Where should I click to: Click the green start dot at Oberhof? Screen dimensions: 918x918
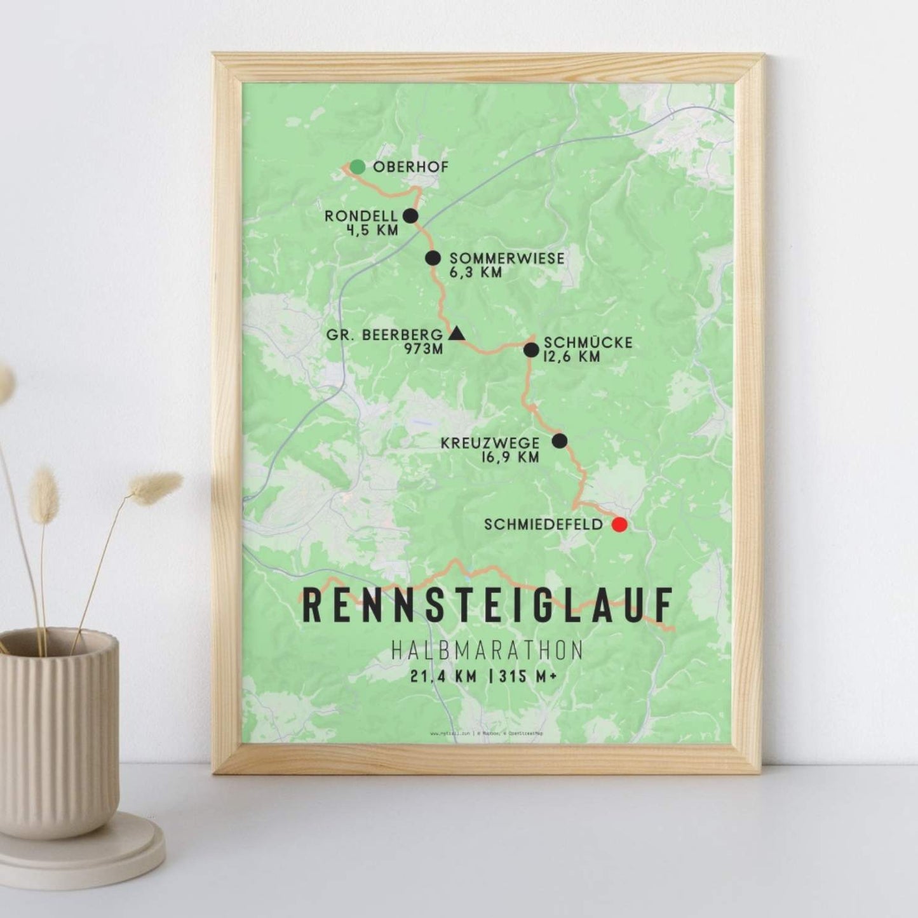(358, 166)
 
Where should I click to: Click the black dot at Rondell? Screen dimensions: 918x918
(410, 216)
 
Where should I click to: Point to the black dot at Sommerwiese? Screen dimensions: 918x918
(433, 258)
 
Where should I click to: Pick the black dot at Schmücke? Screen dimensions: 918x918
(531, 349)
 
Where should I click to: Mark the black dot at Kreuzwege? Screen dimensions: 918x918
(559, 441)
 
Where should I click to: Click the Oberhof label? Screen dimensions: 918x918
(411, 167)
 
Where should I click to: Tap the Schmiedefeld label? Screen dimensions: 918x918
(543, 525)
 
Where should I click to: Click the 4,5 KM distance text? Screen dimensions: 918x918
(372, 230)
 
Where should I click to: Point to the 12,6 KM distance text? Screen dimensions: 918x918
(572, 357)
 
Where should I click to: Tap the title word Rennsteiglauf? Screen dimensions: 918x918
(487, 605)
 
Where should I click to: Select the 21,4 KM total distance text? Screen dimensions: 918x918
(443, 677)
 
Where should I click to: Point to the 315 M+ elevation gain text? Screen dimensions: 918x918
(528, 677)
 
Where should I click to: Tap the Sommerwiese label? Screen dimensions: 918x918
(506, 258)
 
